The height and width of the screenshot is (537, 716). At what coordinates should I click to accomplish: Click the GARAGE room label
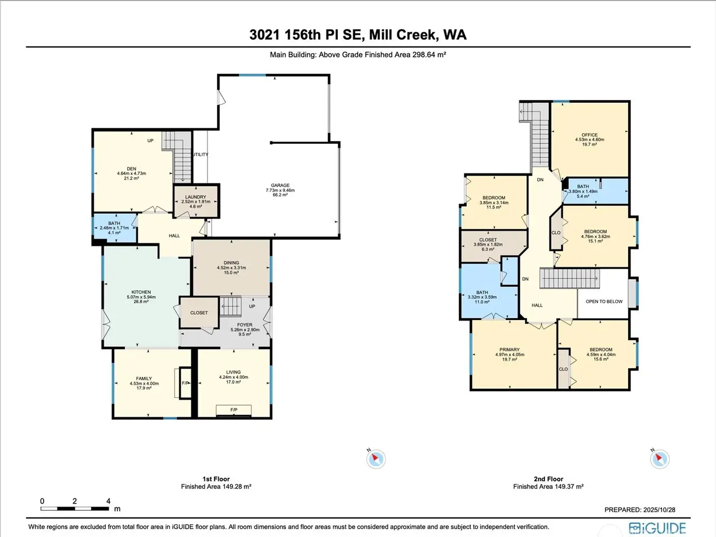[x=280, y=185]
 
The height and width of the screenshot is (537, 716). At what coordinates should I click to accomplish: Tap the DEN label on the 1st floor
[x=131, y=169]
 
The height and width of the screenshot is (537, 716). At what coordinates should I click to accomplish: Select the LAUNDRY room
[x=196, y=201]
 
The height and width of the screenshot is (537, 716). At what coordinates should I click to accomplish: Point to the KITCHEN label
[x=141, y=292]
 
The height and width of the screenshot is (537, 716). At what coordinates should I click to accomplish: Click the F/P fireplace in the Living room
[x=234, y=410]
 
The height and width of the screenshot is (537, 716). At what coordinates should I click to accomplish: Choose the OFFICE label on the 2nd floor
[x=590, y=135]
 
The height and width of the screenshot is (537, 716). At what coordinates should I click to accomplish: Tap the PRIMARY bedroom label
[x=510, y=350]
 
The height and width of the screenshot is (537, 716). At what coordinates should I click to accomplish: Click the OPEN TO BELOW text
[x=604, y=302]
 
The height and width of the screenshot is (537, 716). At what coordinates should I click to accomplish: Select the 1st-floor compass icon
[x=375, y=459]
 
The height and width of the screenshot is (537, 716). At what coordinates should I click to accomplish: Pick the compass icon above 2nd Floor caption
[x=660, y=459]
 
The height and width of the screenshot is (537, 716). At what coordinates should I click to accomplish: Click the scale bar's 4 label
[x=109, y=501]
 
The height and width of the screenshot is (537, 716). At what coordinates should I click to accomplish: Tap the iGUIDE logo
[x=657, y=528]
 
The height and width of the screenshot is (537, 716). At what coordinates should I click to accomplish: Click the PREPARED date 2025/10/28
[x=659, y=510]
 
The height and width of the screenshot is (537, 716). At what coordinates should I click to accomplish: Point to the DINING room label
[x=231, y=263]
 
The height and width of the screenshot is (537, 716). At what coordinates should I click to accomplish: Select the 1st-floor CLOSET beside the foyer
[x=199, y=313]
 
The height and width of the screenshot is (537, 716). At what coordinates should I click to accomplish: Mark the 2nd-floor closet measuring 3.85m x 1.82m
[x=493, y=246]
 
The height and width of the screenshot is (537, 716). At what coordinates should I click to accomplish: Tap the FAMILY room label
[x=144, y=379]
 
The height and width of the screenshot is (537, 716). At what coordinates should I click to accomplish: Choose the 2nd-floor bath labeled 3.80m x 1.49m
[x=596, y=191]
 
